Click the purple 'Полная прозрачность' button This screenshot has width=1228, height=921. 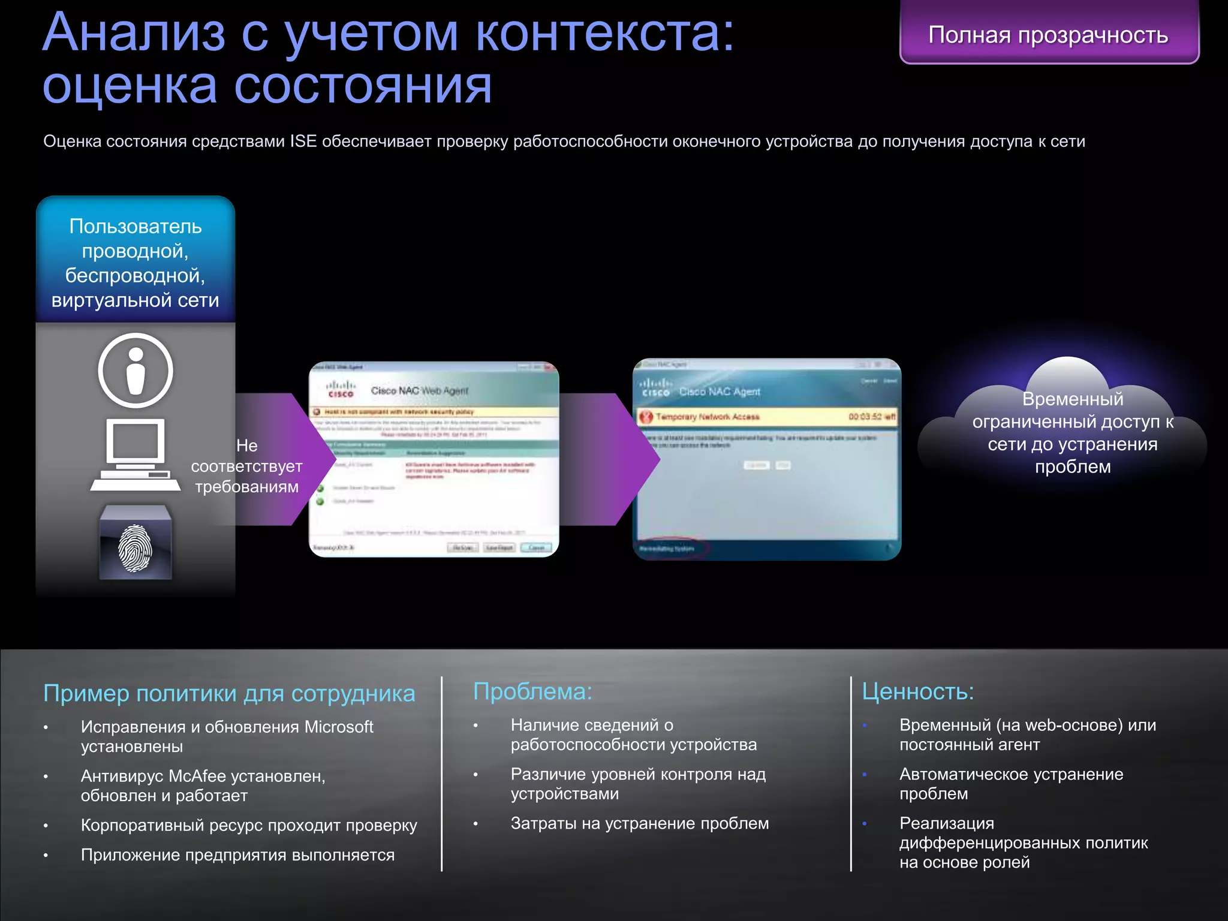click(x=1048, y=35)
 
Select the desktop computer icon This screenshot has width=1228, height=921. click(x=136, y=455)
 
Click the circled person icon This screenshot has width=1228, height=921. click(x=136, y=371)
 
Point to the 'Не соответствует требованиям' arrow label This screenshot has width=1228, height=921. click(x=246, y=466)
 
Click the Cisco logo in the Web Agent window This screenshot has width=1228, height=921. click(x=341, y=390)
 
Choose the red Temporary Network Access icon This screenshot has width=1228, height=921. click(x=646, y=417)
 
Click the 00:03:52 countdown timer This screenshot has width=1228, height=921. click(x=871, y=417)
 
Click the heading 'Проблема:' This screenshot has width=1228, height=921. click(x=532, y=691)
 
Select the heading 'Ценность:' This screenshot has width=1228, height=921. click(x=917, y=691)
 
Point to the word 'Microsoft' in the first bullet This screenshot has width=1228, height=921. click(x=339, y=727)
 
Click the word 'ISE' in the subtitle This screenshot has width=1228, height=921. click(x=303, y=142)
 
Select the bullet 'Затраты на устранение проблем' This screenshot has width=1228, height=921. click(x=639, y=823)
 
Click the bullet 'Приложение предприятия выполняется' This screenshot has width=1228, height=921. click(x=237, y=855)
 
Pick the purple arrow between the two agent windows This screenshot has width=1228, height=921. click(x=606, y=459)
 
